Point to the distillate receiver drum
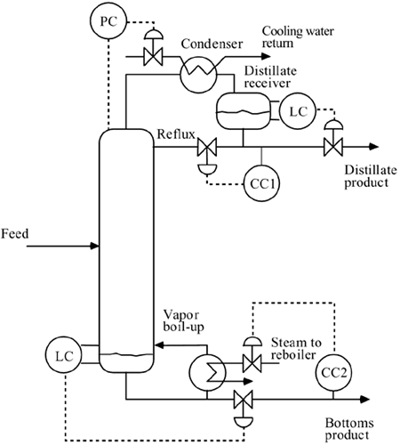coord(246,111)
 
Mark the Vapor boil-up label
coord(183,320)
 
